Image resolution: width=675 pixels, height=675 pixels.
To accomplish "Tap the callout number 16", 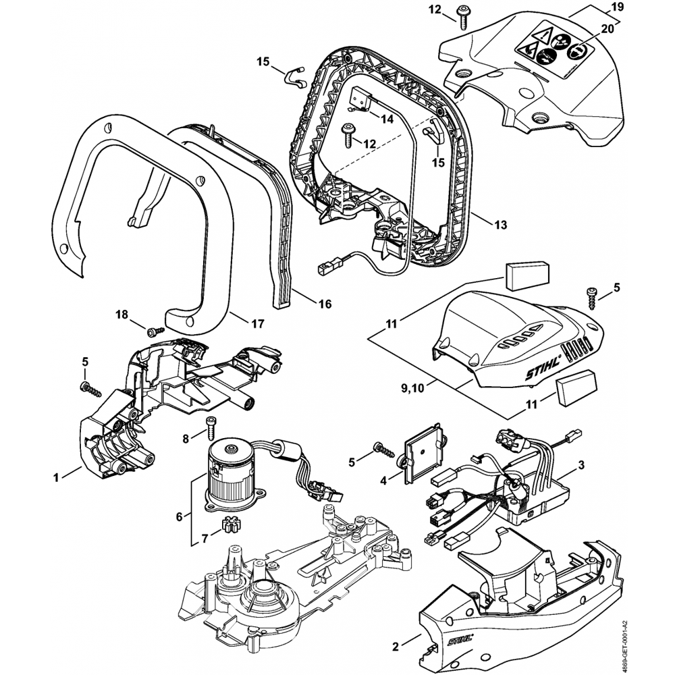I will pyautogui.click(x=325, y=304).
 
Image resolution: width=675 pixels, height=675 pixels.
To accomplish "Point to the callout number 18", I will pyautogui.click(x=122, y=315).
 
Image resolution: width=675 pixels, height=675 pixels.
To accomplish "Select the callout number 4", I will pyautogui.click(x=383, y=481).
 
